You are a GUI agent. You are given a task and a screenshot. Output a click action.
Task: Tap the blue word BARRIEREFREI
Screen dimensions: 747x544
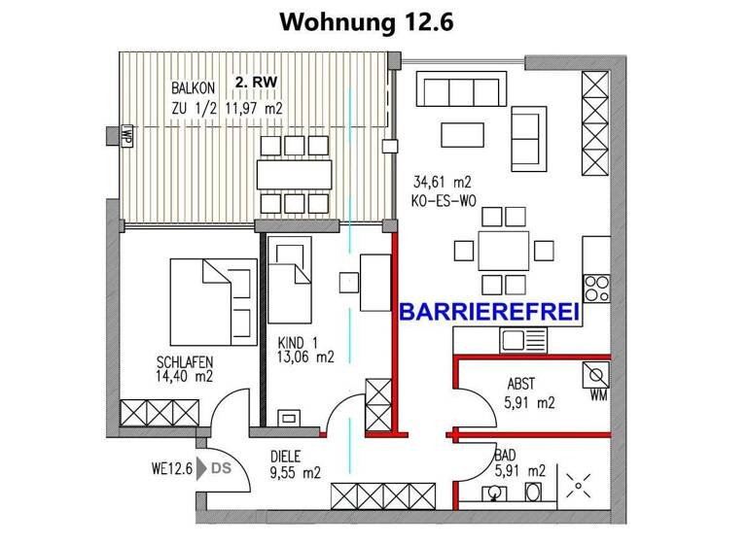pos(490,312)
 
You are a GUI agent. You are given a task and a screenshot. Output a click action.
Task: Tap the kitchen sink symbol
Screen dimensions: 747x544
pos(525,340)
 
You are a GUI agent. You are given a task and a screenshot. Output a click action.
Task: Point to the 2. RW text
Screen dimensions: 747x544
pos(252,84)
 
